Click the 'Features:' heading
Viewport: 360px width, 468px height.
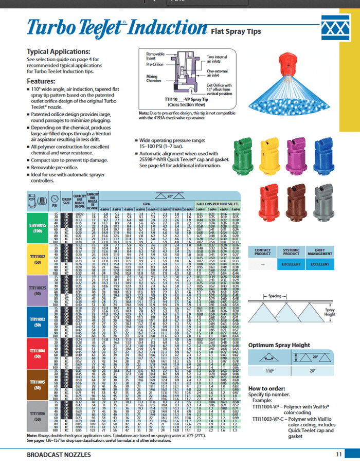tap(41, 81)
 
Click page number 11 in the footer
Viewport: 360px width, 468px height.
tap(338, 454)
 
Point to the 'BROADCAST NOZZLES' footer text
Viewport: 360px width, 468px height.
tap(57, 455)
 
